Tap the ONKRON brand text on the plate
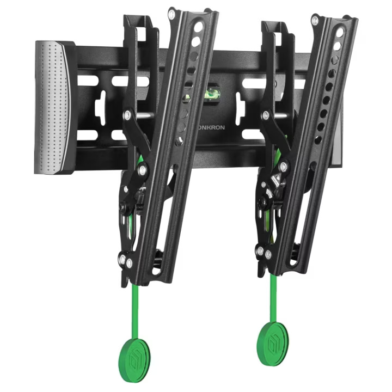coord(210,127)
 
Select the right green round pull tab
coord(273,344)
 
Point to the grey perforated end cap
coord(54,107)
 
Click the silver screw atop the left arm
coord(171,14)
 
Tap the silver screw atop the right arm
coord(315,20)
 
